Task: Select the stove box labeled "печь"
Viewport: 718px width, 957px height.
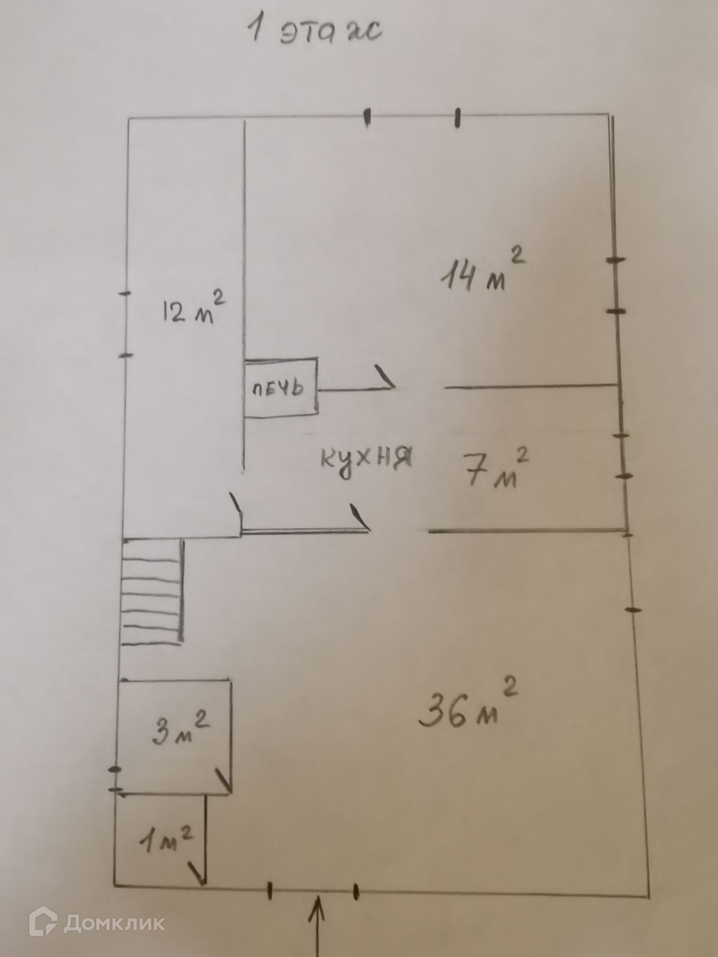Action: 280,389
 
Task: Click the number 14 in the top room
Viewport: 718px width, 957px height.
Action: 458,276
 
